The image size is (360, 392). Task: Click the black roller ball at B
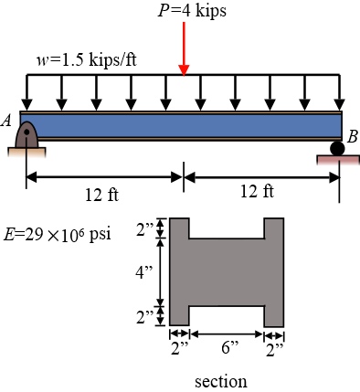pyautogui.click(x=338, y=146)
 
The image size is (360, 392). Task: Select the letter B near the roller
pyautogui.click(x=351, y=135)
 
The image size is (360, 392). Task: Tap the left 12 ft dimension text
pyautogui.click(x=101, y=196)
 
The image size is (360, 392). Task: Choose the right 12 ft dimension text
pyautogui.click(x=256, y=191)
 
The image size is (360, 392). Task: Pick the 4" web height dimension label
pyautogui.click(x=143, y=272)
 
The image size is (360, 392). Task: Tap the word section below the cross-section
pyautogui.click(x=220, y=379)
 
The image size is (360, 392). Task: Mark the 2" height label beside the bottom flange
pyautogui.click(x=143, y=316)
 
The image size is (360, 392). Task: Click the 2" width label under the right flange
pyautogui.click(x=275, y=346)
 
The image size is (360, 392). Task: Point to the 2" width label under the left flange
pyautogui.click(x=179, y=346)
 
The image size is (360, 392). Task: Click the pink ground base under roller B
pyautogui.click(x=337, y=162)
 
